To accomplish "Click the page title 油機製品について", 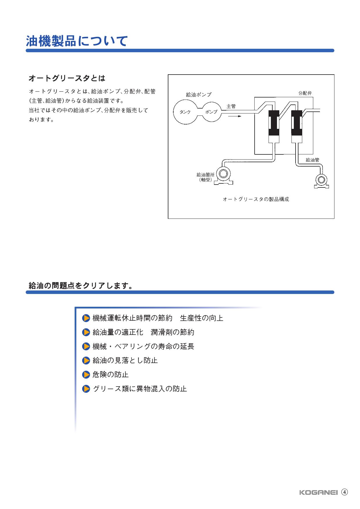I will point(77,41).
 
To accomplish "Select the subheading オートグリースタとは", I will point(67,78).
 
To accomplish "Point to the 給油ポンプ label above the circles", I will point(199,95).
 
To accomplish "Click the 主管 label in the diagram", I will point(231,106).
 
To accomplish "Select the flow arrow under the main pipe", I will point(235,116).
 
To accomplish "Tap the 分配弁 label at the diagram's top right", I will point(305,93).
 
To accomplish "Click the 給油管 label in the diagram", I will point(312,160).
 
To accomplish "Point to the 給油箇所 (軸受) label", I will point(206,177).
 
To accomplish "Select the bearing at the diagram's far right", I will point(321,181).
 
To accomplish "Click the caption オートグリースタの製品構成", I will point(256,199).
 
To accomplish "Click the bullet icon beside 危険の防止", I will point(86,375).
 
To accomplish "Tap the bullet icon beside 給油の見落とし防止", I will point(86,360).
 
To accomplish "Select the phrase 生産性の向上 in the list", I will point(201,318).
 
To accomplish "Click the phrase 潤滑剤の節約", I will point(172,332).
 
